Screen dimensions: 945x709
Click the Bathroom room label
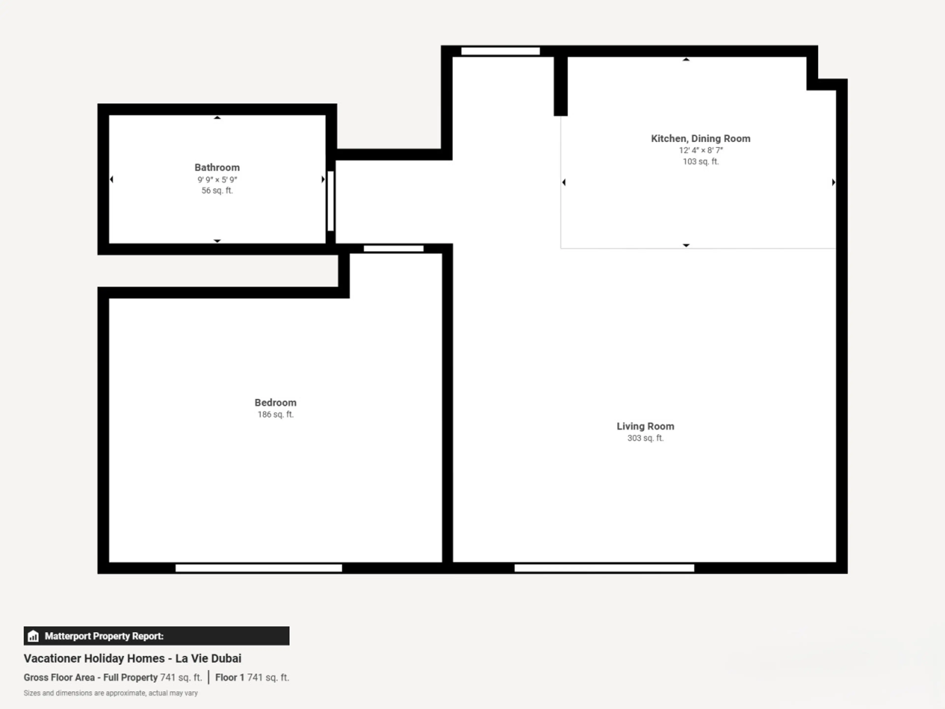click(x=217, y=168)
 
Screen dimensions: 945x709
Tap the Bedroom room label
click(x=276, y=403)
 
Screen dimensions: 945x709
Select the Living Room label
click(x=645, y=426)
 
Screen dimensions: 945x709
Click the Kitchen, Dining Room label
click(x=701, y=138)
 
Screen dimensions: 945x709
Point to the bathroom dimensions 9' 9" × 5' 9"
click(x=217, y=179)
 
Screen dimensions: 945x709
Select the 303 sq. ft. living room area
click(x=645, y=438)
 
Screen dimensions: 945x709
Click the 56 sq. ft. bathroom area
click(x=217, y=191)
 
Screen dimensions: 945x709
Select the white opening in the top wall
click(x=500, y=51)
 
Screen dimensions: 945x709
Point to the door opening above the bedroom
click(x=394, y=249)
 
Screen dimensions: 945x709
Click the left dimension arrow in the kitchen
click(x=564, y=182)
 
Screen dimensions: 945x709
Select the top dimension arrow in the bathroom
click(x=217, y=117)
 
